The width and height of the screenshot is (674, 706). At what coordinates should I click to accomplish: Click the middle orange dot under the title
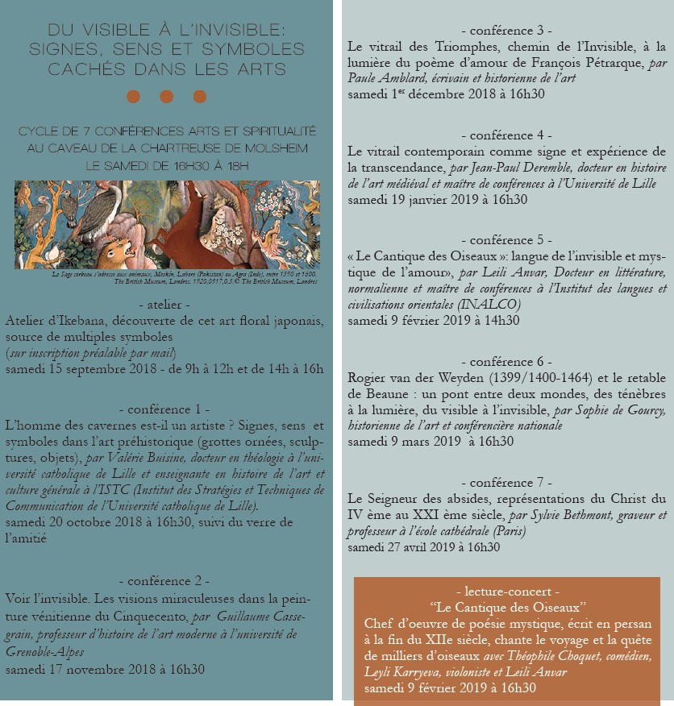coord(167,97)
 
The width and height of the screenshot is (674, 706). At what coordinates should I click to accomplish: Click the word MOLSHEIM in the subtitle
coord(276,147)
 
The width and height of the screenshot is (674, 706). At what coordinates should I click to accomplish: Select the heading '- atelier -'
coord(167,305)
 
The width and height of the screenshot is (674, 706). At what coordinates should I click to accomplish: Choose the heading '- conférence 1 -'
coord(167,409)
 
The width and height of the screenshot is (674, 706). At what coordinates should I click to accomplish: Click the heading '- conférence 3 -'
coord(507,31)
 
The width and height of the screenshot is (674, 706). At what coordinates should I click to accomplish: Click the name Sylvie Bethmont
coord(557,515)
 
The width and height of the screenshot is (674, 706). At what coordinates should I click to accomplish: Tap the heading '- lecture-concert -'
coord(507,591)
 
